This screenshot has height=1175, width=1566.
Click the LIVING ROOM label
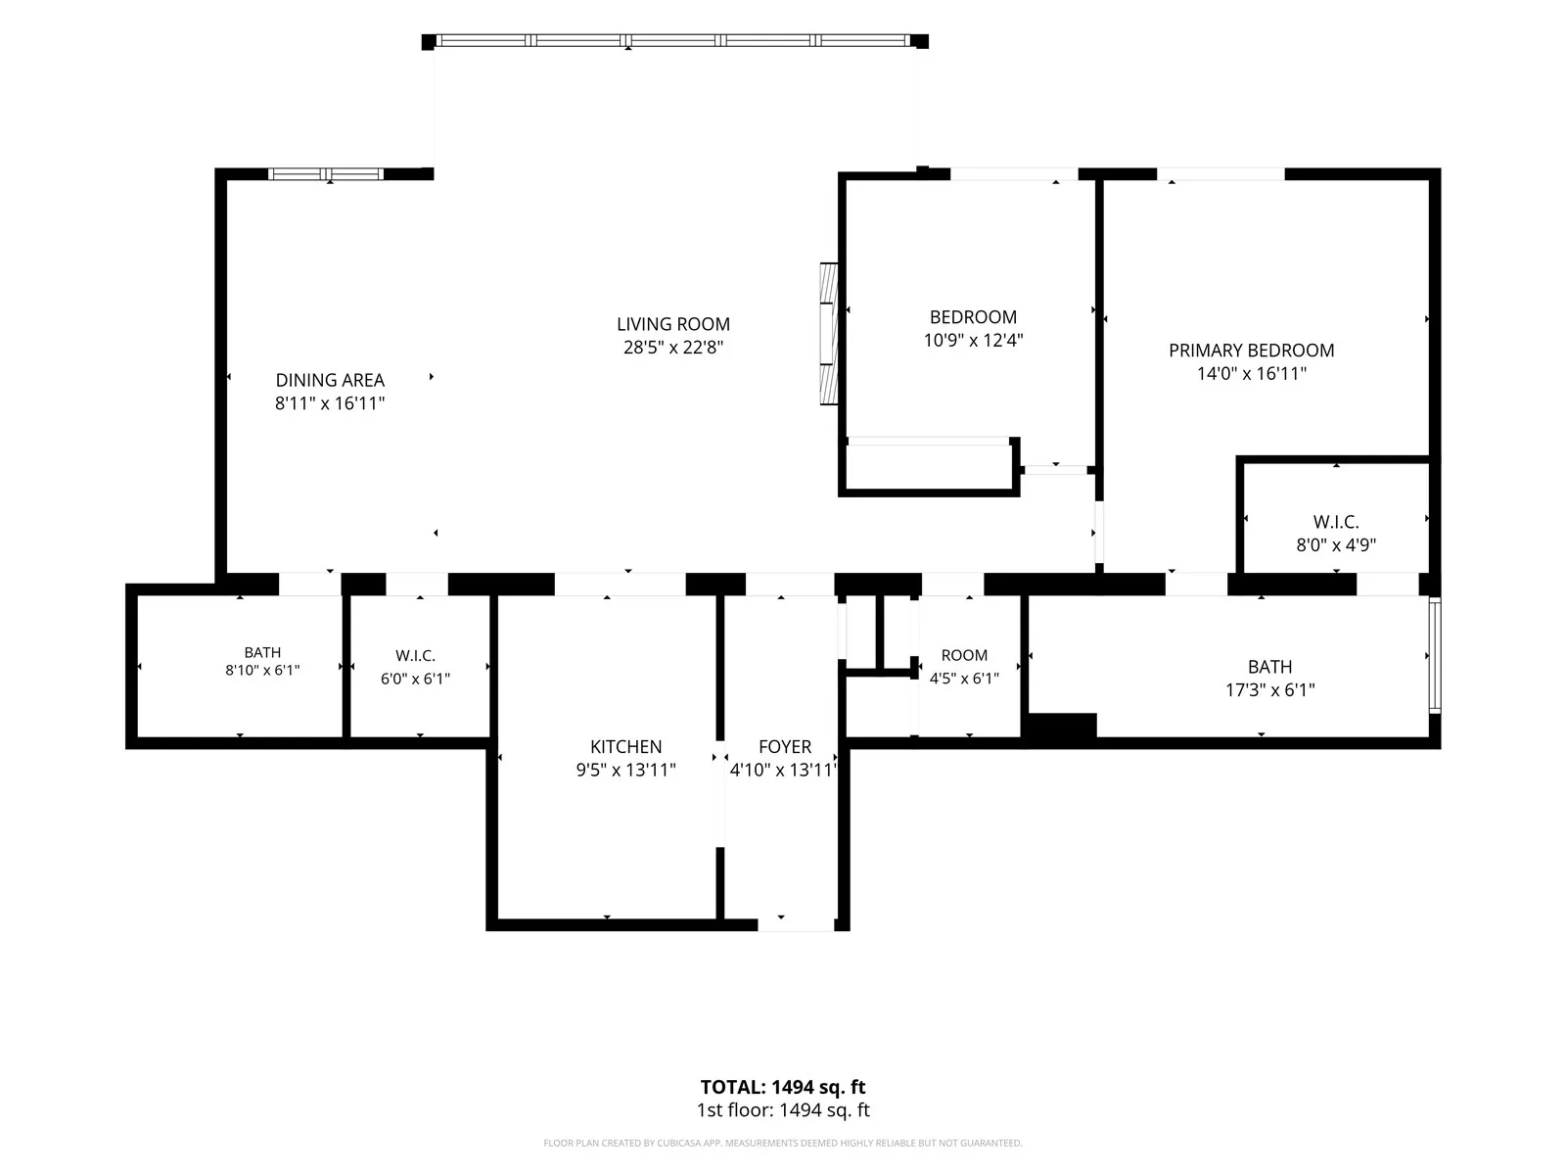coord(672,325)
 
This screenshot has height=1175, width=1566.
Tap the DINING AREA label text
coord(330,380)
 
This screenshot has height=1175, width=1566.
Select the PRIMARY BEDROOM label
coord(1251,351)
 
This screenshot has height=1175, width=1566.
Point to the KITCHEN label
coord(625,747)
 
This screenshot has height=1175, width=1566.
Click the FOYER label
coord(785,747)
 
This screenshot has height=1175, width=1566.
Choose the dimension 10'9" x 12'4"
coord(973,341)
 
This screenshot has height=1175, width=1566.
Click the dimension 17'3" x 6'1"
coord(1269,690)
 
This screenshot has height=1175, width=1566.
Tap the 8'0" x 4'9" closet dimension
coord(1336,545)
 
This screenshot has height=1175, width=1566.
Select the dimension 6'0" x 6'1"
coord(415,679)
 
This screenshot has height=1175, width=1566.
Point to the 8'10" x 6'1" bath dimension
coord(262,670)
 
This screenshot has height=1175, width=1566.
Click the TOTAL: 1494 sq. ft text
coord(783,1087)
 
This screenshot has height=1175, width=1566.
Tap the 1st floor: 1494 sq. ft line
coord(783,1110)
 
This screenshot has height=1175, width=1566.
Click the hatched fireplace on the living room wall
coord(828,334)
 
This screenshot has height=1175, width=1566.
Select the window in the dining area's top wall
coord(325,174)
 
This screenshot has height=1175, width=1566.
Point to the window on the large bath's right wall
coord(1435,656)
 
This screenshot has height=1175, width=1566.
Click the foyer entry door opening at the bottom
coord(796,925)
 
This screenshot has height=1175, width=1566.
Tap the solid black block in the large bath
coord(1059,726)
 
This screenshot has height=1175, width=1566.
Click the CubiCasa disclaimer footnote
coord(783,1143)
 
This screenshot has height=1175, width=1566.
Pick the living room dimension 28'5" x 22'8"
coord(672,348)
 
